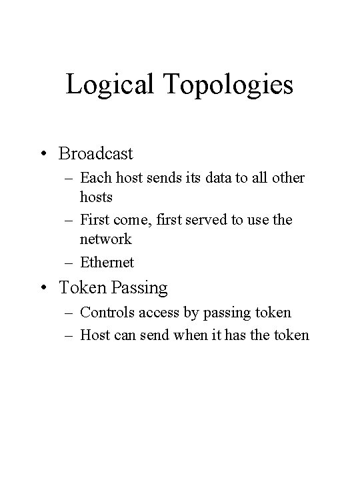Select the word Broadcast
(x=96, y=153)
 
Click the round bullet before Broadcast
(x=44, y=154)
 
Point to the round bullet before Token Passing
(x=44, y=288)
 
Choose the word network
(x=105, y=238)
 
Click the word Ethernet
(x=107, y=263)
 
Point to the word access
(x=153, y=312)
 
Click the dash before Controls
(x=69, y=312)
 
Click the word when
(x=190, y=335)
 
